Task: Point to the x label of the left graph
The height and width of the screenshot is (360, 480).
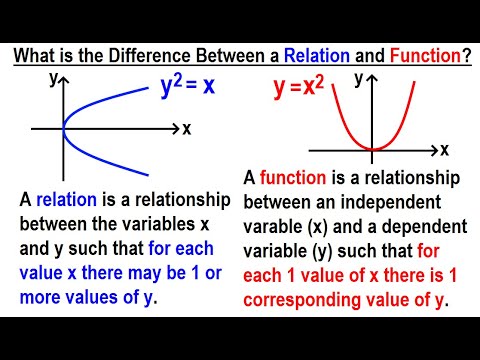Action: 187,129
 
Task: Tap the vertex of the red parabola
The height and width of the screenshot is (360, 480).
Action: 373,150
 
